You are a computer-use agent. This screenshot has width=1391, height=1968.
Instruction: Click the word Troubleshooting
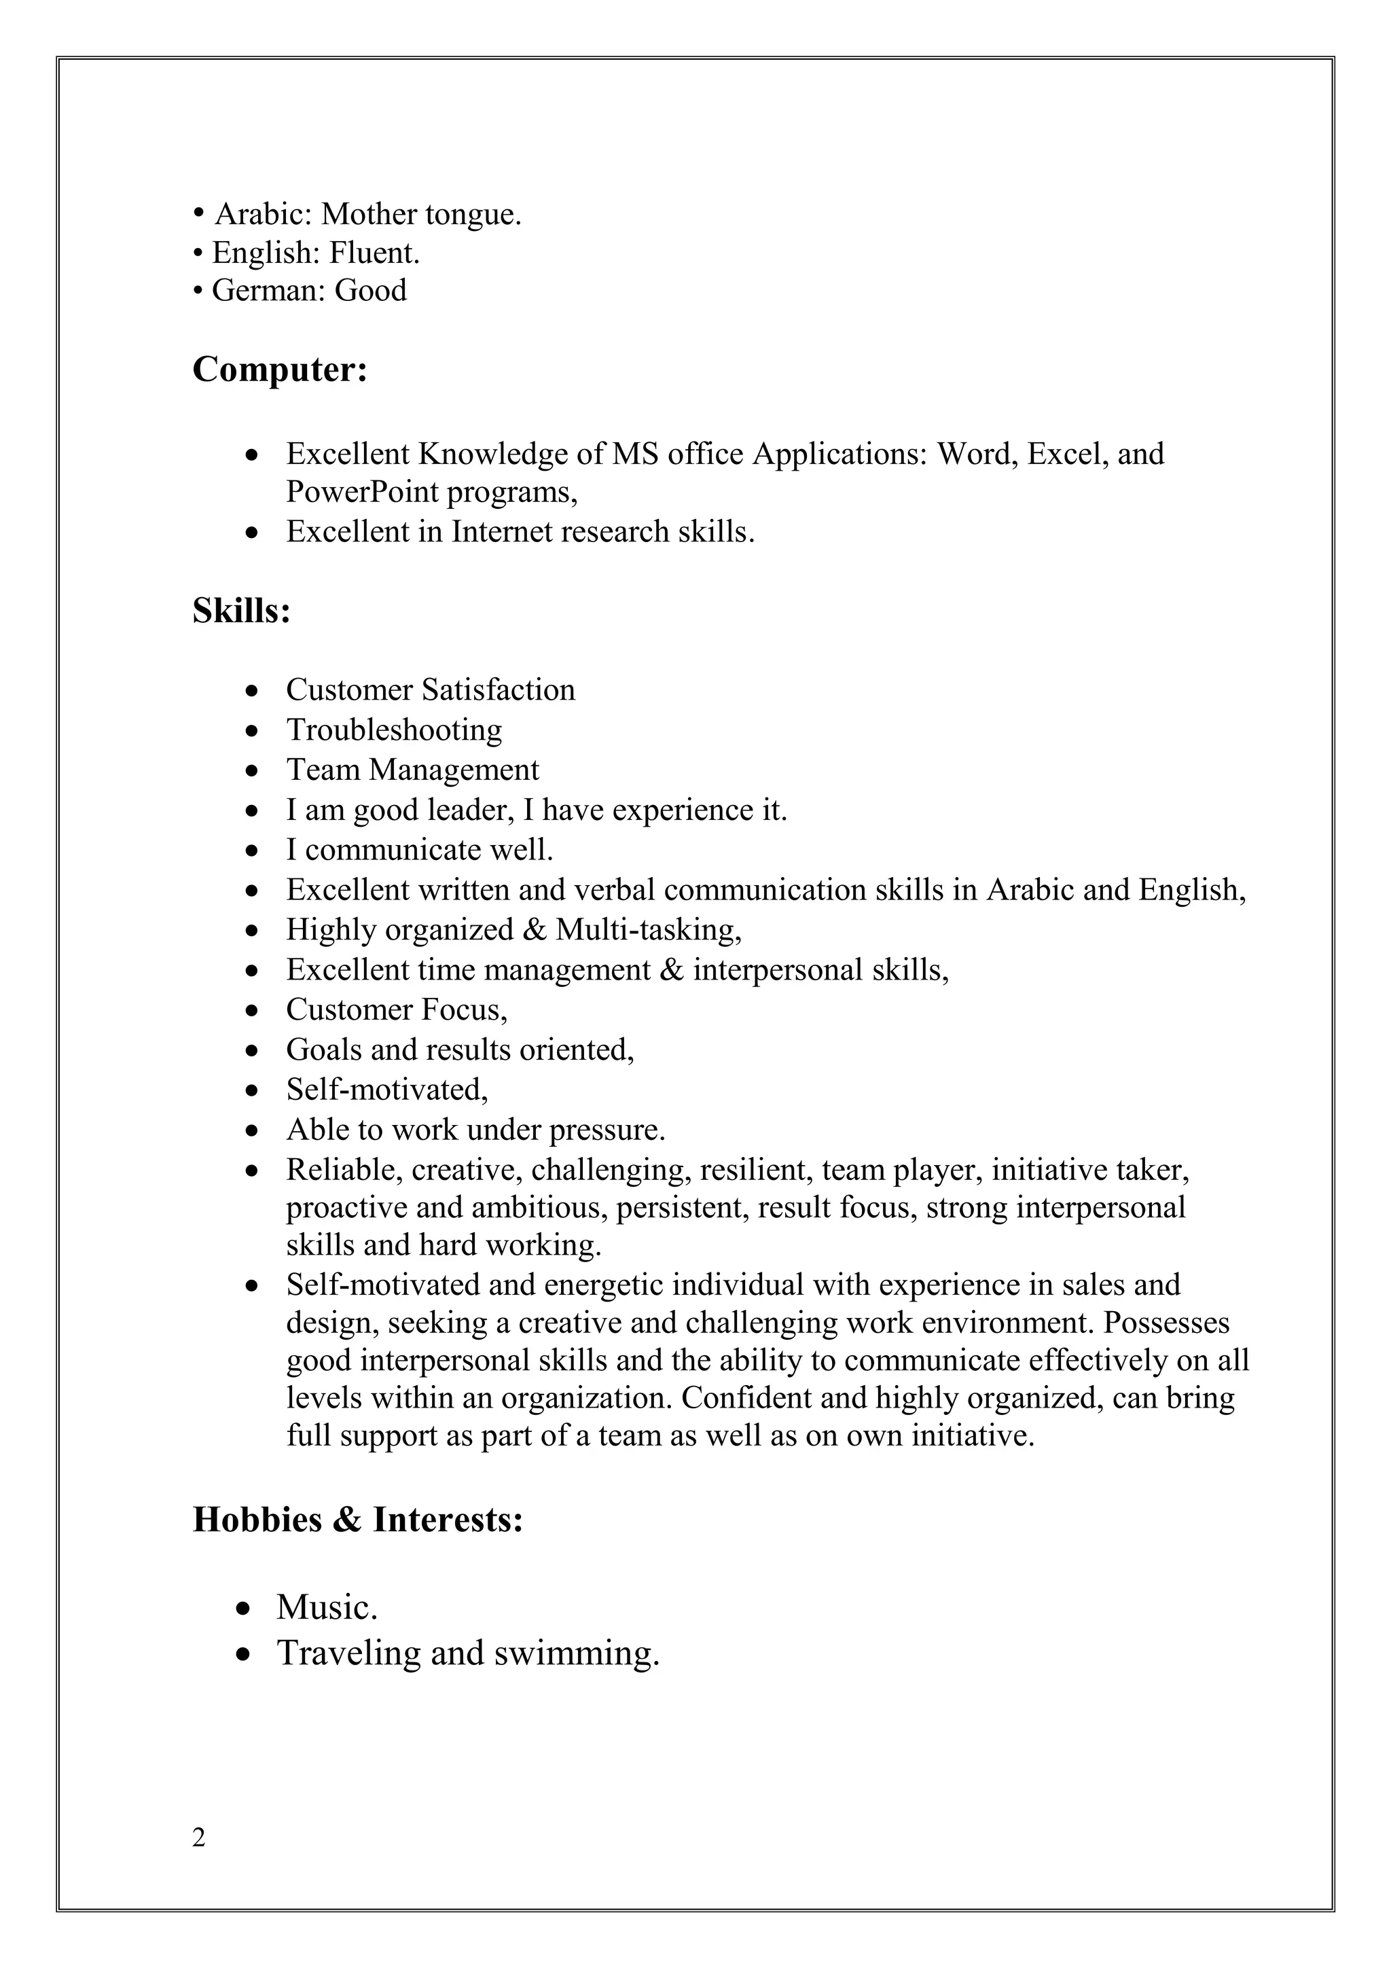point(393,730)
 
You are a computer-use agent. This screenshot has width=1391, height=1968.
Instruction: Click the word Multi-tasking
point(648,929)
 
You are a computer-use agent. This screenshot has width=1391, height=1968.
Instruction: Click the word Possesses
point(1166,1323)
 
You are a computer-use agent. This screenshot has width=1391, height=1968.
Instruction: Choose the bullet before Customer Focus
point(251,1012)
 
